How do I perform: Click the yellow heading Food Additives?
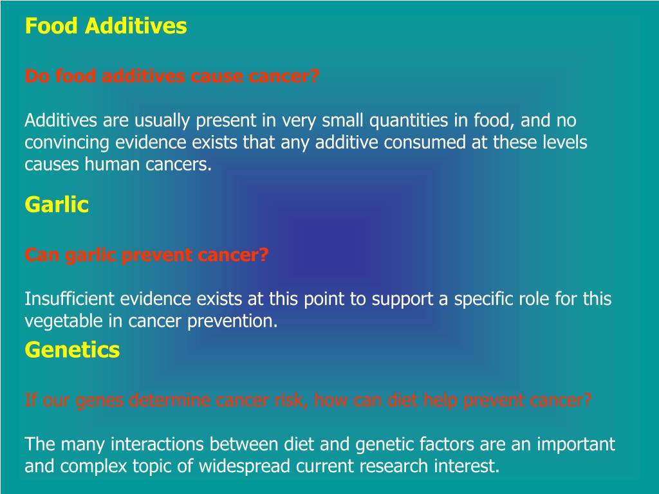(x=106, y=26)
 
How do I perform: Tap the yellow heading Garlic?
(x=57, y=205)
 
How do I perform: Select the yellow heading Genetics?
(x=72, y=350)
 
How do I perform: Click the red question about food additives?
(x=172, y=77)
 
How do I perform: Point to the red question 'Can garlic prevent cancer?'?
(x=147, y=255)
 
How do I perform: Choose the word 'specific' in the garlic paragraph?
(x=483, y=299)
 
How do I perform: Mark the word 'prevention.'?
(x=232, y=321)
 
